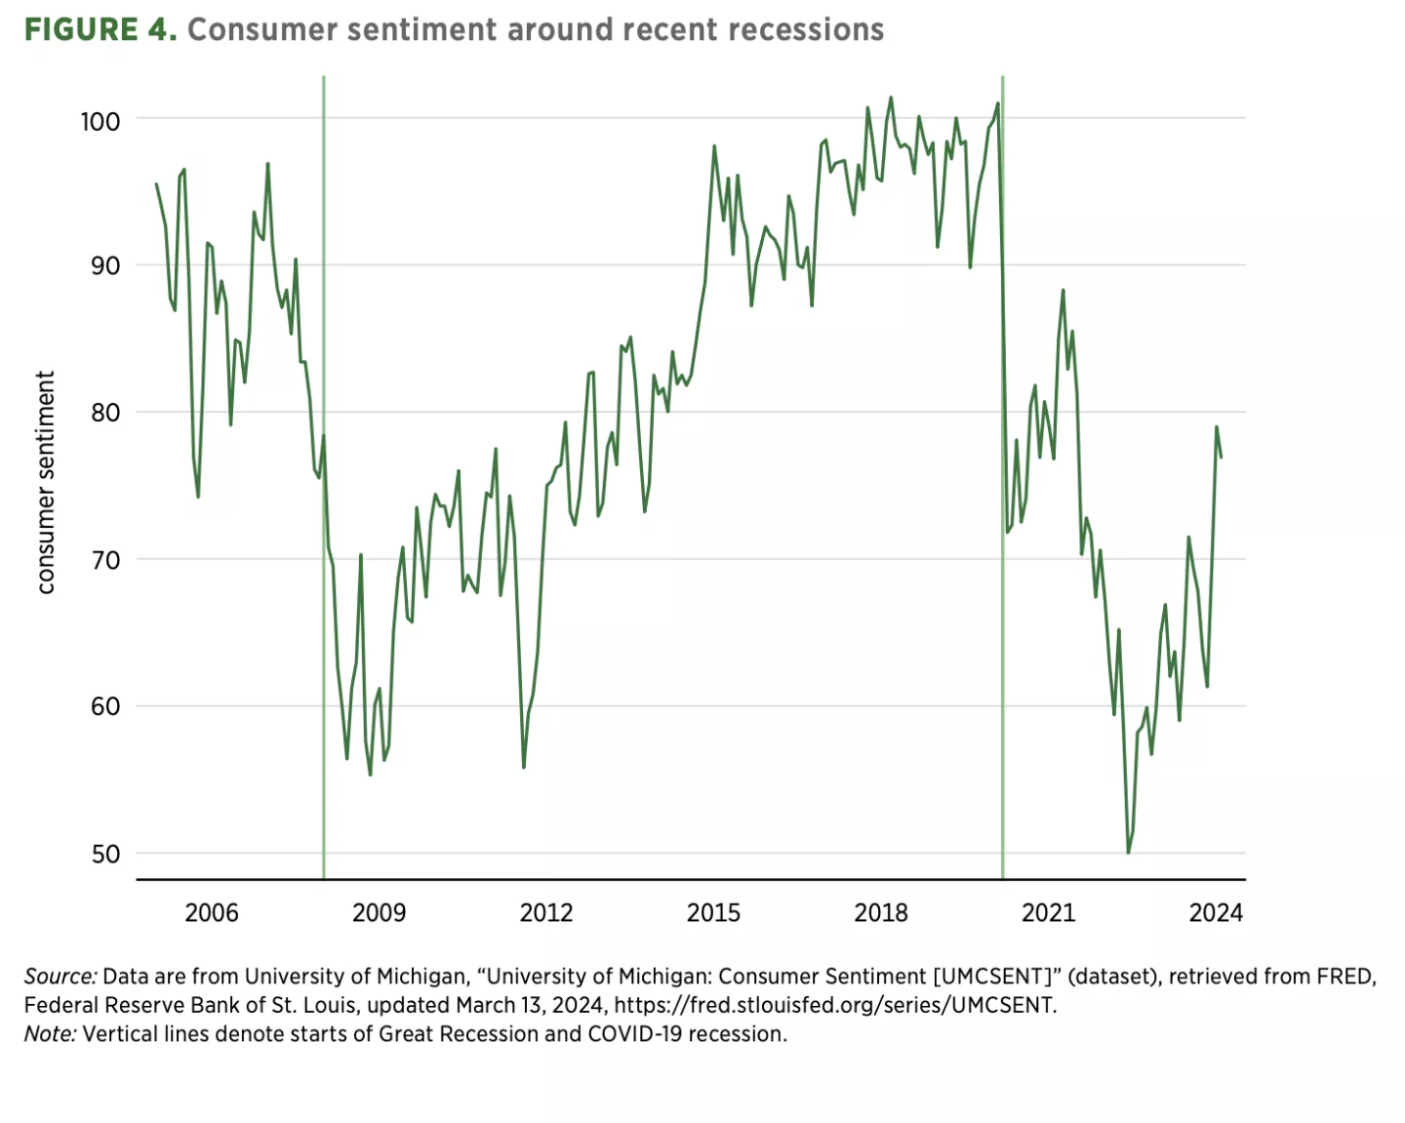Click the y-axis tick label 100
[x=100, y=121]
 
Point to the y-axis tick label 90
[x=104, y=265]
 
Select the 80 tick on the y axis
[x=104, y=413]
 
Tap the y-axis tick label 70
[x=104, y=560]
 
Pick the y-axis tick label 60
[x=104, y=706]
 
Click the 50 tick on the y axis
[x=104, y=854]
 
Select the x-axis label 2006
[x=212, y=912]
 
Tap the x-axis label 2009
[x=379, y=912]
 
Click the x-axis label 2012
[x=546, y=912]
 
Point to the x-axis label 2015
[x=713, y=912]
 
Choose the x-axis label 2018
[x=881, y=912]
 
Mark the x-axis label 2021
[x=1048, y=912]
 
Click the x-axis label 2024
[x=1216, y=912]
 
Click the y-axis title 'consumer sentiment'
[x=45, y=482]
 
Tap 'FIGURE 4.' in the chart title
[x=100, y=30]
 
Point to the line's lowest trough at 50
[x=1128, y=852]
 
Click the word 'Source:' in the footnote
[x=60, y=977]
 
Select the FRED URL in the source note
[x=834, y=1005]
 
